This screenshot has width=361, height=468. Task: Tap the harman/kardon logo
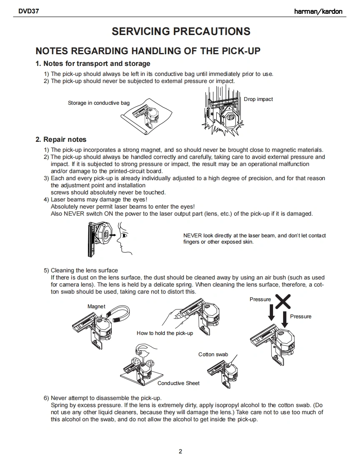[318, 11]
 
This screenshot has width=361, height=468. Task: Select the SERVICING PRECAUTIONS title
[181, 31]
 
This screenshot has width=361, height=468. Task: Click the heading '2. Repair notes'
[61, 139]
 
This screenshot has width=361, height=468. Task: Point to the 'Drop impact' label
[258, 99]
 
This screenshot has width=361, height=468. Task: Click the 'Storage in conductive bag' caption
[99, 103]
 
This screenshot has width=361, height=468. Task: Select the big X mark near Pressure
[282, 302]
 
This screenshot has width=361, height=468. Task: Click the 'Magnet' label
[96, 307]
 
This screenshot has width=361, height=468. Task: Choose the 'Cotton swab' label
[213, 355]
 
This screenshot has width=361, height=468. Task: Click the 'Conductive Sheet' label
[178, 383]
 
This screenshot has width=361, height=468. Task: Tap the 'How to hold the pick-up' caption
[165, 333]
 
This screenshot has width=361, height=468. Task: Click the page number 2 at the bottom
[180, 451]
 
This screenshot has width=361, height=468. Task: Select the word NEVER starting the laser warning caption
[193, 236]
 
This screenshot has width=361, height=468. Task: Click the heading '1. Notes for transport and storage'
[93, 64]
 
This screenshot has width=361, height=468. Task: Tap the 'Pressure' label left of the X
[260, 299]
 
